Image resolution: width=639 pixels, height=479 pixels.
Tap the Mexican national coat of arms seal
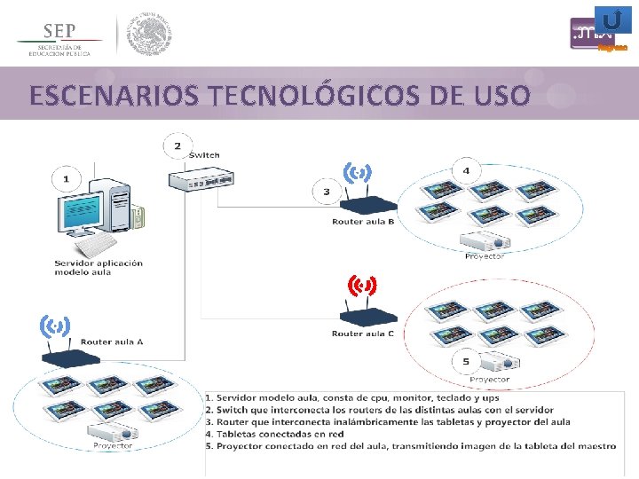(x=149, y=34)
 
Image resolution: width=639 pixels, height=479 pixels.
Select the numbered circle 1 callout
(x=65, y=179)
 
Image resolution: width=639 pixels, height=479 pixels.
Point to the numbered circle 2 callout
(x=177, y=145)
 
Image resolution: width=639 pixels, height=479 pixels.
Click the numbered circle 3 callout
(x=327, y=191)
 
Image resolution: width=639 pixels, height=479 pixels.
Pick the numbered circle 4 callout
(x=467, y=170)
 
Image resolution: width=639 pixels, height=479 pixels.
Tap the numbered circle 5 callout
(x=466, y=361)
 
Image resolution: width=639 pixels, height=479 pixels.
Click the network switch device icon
(x=202, y=179)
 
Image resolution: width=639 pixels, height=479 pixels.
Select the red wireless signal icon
(x=362, y=286)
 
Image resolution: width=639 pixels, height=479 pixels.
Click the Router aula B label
(x=363, y=222)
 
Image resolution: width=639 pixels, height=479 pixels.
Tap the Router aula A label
(x=112, y=342)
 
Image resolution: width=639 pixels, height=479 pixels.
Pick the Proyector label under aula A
(x=112, y=446)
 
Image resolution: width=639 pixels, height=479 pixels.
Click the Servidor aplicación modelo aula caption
(x=99, y=268)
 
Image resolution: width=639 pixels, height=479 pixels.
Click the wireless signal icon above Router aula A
(x=55, y=327)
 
